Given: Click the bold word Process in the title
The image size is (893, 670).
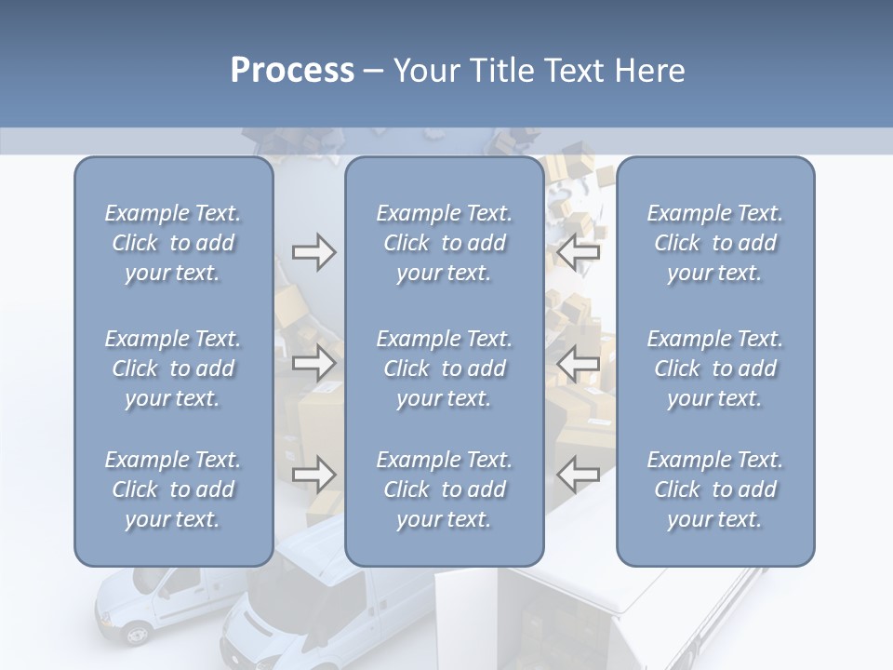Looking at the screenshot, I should click(x=292, y=70).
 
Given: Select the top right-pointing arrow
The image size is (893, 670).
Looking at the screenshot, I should click(x=313, y=252).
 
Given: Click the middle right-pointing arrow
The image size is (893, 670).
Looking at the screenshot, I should click(x=313, y=362).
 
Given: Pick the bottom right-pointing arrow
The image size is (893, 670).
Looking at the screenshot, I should click(x=313, y=475).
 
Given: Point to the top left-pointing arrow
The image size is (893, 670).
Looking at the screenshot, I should click(x=579, y=252).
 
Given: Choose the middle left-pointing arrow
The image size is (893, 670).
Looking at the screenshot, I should click(x=579, y=362).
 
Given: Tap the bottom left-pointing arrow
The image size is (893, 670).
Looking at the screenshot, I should click(x=579, y=475).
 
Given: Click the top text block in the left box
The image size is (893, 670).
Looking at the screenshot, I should click(x=173, y=243).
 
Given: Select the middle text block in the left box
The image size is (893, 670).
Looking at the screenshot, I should click(x=173, y=368).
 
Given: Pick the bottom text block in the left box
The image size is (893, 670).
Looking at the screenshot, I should click(x=173, y=489).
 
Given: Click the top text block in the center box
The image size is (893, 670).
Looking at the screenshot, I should click(x=444, y=243).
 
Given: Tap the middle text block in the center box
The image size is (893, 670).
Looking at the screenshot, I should click(x=444, y=368).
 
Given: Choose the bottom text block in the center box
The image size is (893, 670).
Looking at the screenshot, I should click(x=444, y=489).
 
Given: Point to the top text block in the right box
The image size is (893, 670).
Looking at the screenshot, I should click(x=714, y=243).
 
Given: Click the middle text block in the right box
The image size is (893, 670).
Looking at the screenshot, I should click(x=714, y=368).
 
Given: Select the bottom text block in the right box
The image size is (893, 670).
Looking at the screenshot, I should click(x=714, y=489).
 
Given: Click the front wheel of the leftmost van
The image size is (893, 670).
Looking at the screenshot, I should click(x=137, y=634).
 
